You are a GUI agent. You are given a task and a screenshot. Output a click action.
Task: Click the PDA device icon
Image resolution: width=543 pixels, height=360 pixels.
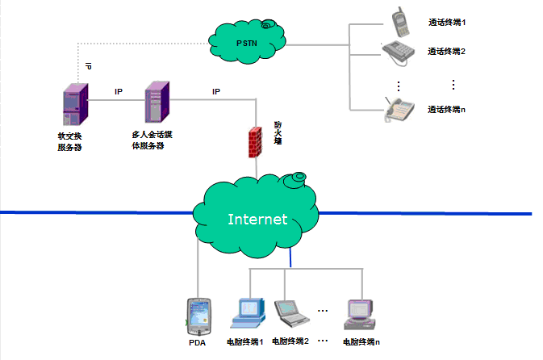(198, 315)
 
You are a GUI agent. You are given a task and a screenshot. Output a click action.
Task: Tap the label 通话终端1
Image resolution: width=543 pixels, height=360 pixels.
(447, 22)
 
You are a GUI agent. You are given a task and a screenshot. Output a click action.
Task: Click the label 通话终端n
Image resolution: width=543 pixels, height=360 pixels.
(447, 109)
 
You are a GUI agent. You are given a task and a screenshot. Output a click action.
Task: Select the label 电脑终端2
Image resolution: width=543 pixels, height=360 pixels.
(291, 341)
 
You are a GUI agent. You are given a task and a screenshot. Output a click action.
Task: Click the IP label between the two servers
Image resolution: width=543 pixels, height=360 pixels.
(118, 91)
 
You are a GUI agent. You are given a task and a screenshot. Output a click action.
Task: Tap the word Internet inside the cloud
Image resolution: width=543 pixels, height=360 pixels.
(257, 219)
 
